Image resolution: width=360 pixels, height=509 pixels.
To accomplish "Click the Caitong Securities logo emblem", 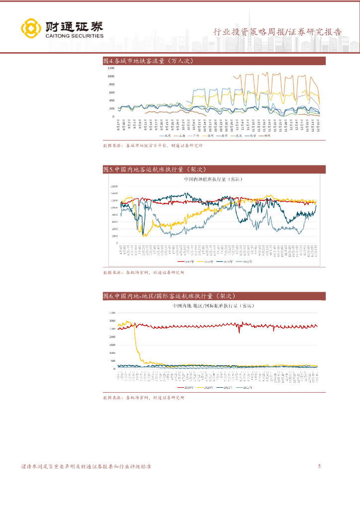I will click(x=30, y=29).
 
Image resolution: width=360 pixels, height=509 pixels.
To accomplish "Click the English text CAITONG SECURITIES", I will click(x=74, y=36).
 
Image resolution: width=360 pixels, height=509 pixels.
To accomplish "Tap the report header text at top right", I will click(x=277, y=32).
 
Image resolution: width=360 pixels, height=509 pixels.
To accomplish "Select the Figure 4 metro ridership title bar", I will click(x=214, y=61).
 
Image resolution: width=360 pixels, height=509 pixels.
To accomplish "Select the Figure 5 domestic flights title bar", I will click(x=214, y=170).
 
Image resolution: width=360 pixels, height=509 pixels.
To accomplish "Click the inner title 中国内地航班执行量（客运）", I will click(x=212, y=179).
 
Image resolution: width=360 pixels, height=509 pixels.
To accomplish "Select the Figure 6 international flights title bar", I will click(x=214, y=296).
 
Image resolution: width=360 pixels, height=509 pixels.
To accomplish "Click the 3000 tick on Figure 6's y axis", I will click(x=112, y=321).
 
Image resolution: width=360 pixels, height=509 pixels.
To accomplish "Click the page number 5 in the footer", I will click(x=319, y=466).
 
